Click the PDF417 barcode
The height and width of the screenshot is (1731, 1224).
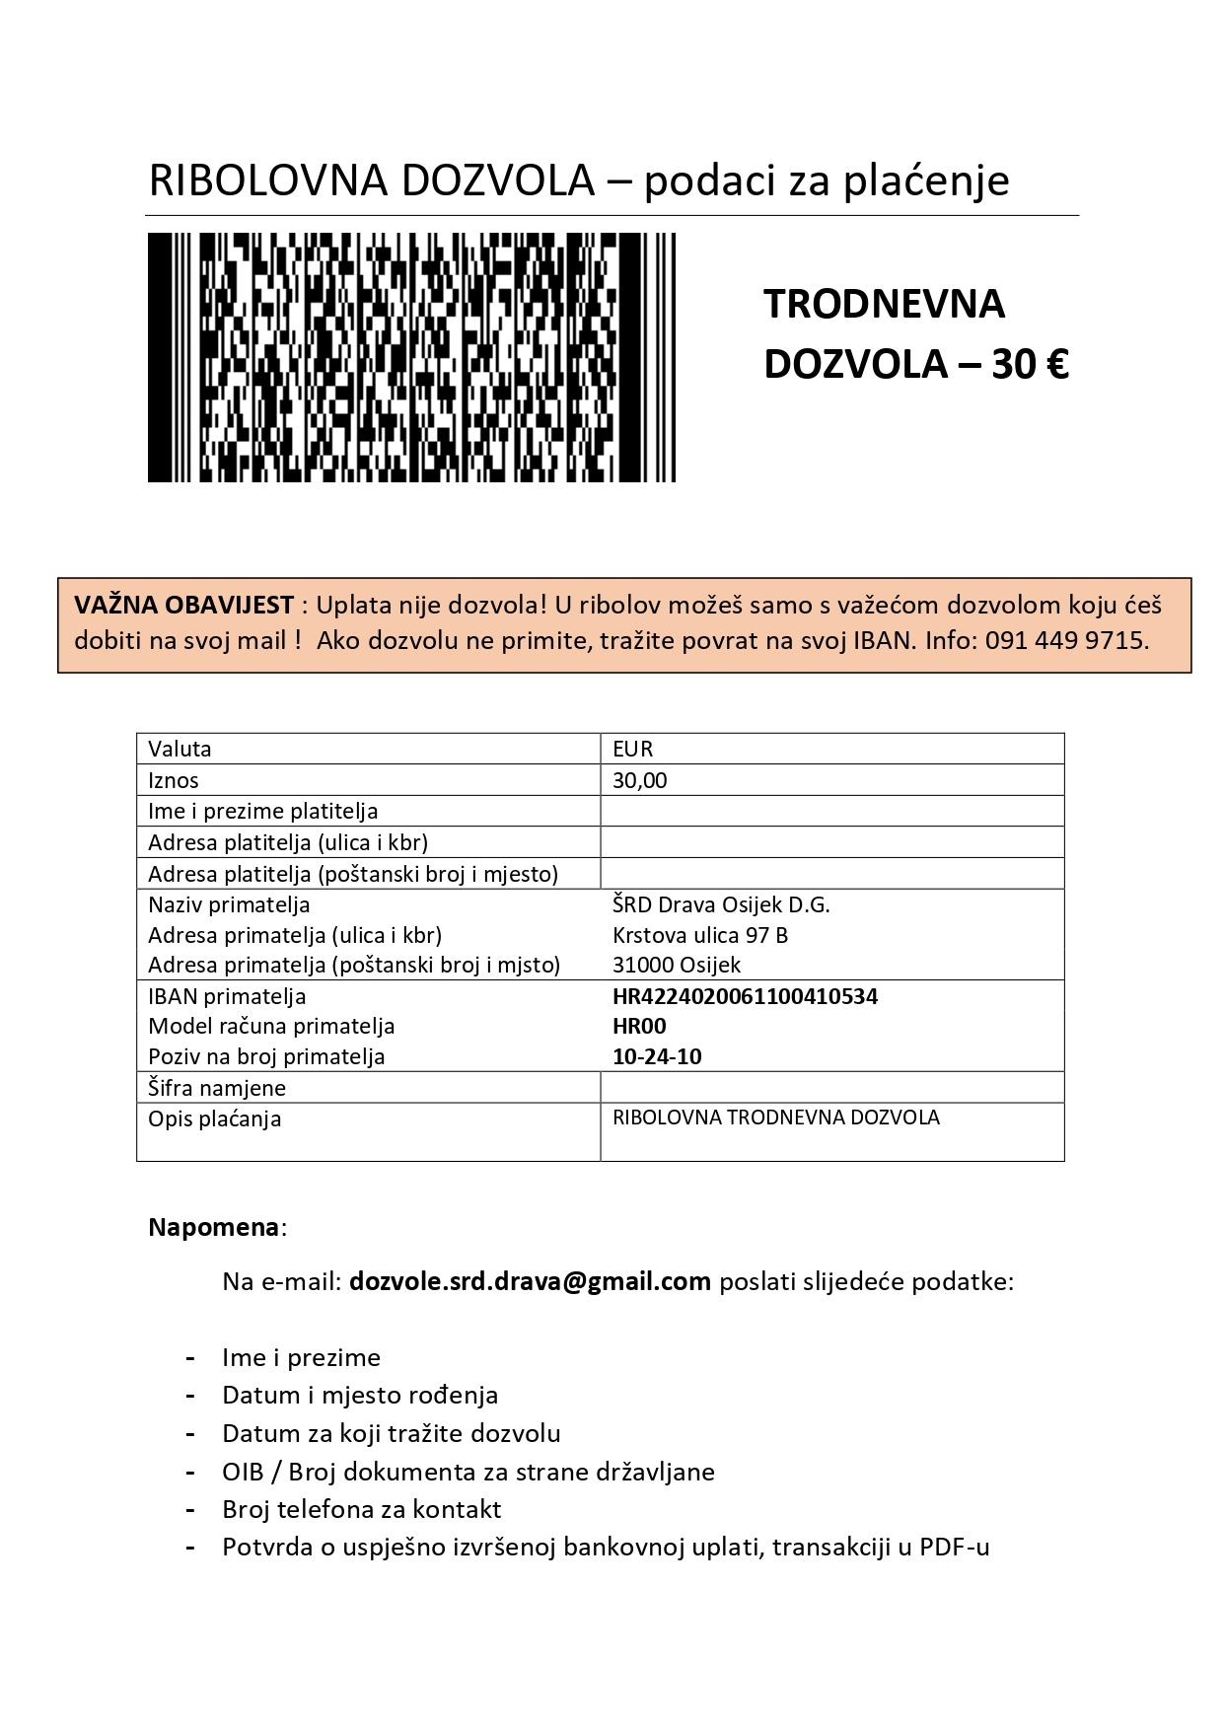411,357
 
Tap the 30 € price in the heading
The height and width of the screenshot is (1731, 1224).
1030,365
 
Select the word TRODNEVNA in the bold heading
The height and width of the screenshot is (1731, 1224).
884,304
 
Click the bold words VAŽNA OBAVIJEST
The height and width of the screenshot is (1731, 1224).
183,605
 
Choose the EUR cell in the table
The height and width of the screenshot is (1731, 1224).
633,749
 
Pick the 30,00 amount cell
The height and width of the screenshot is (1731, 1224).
639,780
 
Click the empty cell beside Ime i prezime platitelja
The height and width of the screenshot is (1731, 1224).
831,811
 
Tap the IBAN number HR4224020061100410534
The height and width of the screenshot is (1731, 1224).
745,996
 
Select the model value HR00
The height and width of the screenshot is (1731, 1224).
639,1026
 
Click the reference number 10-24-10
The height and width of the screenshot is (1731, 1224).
657,1056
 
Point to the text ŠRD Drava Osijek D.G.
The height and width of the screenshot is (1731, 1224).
721,904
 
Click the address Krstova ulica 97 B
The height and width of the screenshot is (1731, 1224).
699,935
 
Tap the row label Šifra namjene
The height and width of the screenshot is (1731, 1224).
217,1088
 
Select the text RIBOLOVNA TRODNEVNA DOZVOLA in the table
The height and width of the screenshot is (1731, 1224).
775,1118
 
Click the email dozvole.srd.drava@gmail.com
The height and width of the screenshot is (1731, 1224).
530,1281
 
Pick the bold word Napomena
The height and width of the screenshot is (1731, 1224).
213,1228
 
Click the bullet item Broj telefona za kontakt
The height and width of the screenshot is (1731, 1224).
361,1509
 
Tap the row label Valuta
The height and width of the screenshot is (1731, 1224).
180,749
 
